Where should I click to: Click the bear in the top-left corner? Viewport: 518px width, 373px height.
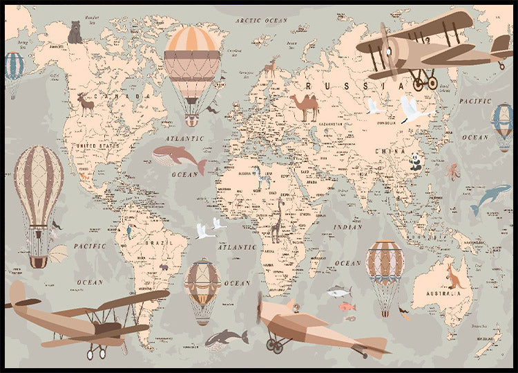(75, 32)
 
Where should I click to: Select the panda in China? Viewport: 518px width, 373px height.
(415, 162)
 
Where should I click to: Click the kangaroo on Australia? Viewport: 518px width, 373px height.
(454, 275)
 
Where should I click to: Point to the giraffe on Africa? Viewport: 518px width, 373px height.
(277, 221)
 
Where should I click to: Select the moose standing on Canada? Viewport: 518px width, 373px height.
(86, 104)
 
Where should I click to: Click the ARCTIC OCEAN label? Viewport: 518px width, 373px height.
(260, 21)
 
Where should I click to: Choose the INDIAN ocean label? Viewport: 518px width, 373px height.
(347, 227)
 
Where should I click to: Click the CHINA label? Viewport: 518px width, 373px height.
(391, 150)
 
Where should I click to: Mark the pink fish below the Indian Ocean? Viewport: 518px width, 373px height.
(346, 307)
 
